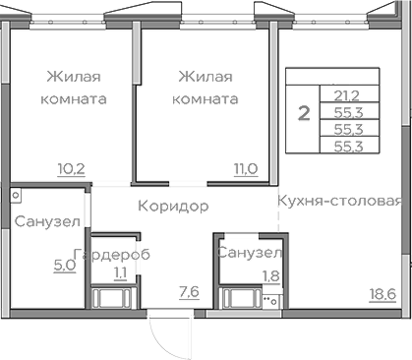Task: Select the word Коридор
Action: (x=172, y=207)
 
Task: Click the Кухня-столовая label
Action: (x=339, y=202)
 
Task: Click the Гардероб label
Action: (x=117, y=254)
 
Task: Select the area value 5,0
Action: (x=64, y=264)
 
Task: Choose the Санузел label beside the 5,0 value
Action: (x=46, y=221)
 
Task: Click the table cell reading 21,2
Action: (x=345, y=95)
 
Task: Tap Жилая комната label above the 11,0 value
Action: (x=205, y=87)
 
